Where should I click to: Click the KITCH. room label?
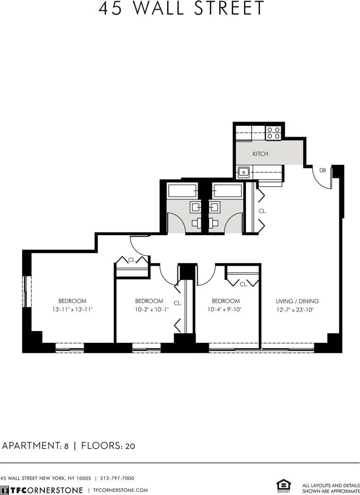(x=261, y=154)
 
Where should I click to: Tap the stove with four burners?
(x=273, y=133)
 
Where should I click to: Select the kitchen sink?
(x=244, y=172)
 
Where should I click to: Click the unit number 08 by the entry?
(x=323, y=170)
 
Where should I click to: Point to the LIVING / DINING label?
(x=298, y=301)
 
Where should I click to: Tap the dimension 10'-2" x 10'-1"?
(x=149, y=310)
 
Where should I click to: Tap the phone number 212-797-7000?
(x=117, y=478)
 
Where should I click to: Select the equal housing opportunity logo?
(x=283, y=485)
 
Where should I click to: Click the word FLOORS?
(x=101, y=445)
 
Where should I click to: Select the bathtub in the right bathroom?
(x=227, y=191)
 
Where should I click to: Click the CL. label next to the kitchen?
(x=262, y=211)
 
